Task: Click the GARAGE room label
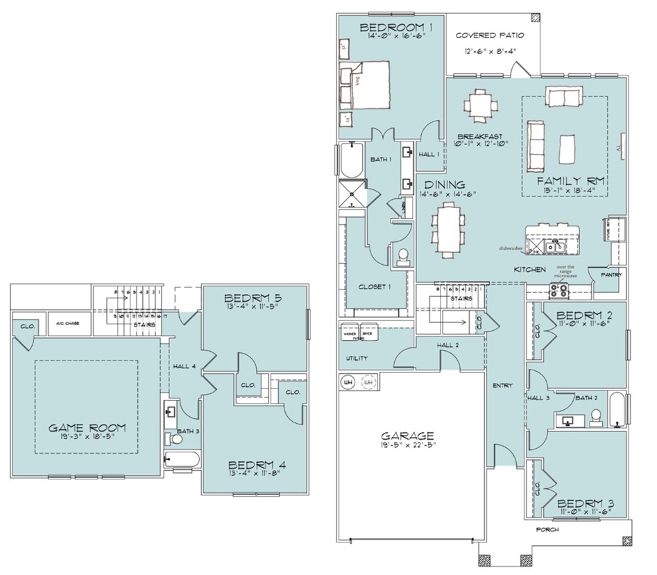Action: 407,436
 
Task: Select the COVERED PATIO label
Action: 489,35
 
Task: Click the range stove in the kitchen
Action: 563,289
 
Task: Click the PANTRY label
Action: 611,275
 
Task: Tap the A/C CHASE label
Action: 68,323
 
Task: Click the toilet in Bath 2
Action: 595,417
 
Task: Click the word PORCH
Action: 547,529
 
